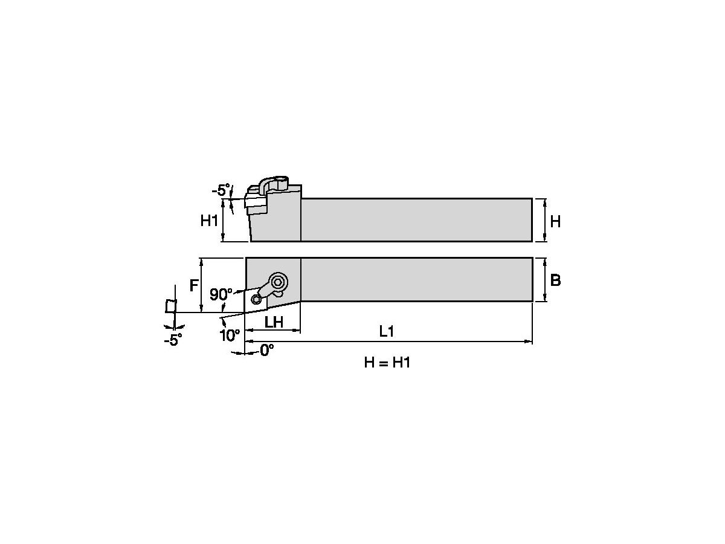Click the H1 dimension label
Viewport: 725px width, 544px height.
point(209,221)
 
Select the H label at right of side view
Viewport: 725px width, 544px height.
point(555,222)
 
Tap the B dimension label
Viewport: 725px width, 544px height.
point(556,280)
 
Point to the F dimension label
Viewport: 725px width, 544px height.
point(194,285)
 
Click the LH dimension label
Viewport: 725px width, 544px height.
point(274,322)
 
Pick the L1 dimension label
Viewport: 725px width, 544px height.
point(387,331)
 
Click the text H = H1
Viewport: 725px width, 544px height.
point(387,363)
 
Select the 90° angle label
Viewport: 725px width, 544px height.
point(221,295)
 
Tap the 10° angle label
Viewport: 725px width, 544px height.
point(230,335)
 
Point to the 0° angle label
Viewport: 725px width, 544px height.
point(266,350)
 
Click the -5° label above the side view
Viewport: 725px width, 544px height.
point(220,191)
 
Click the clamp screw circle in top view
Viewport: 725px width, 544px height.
point(279,281)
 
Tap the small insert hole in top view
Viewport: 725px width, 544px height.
point(256,299)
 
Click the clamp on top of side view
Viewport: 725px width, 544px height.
point(276,184)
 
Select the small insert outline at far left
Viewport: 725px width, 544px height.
point(171,306)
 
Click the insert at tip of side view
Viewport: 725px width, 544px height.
point(256,203)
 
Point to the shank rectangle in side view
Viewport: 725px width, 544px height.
point(417,219)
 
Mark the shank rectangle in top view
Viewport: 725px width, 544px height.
point(417,279)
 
